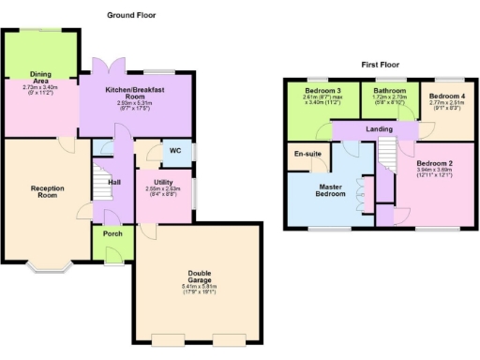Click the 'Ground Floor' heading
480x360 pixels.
130,15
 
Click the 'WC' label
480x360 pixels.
175,150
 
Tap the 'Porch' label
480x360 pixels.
113,234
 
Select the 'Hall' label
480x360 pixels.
115,182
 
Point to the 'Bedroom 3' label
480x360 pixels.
322,92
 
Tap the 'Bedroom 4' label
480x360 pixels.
447,97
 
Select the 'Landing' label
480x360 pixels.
379,129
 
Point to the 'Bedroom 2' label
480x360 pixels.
434,164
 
